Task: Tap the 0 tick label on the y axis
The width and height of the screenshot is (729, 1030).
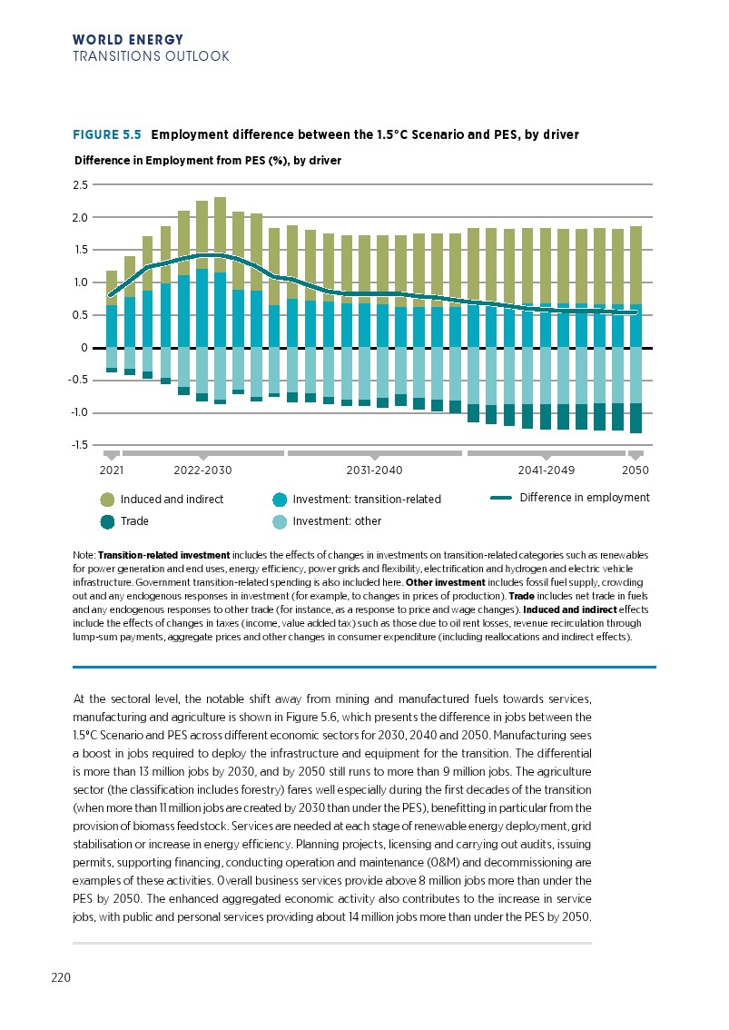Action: click(x=84, y=348)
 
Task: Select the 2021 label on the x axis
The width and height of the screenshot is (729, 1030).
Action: click(x=110, y=470)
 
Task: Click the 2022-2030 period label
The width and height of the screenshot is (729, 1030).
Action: click(x=202, y=470)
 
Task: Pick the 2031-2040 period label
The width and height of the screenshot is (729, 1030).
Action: click(x=375, y=470)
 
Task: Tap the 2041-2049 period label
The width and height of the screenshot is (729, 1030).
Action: click(x=546, y=470)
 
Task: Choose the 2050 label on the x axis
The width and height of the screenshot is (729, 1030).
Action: click(x=635, y=470)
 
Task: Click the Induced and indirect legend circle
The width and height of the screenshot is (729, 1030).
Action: click(x=108, y=500)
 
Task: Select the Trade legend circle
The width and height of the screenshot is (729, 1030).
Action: click(x=108, y=521)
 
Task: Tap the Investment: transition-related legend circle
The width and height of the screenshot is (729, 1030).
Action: click(x=280, y=500)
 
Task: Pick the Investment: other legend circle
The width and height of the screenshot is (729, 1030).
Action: click(x=280, y=521)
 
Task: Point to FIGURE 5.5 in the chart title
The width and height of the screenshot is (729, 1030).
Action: click(x=107, y=134)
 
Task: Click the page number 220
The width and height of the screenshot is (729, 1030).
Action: click(x=61, y=977)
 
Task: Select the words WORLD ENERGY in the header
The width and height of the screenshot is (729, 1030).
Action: click(x=128, y=40)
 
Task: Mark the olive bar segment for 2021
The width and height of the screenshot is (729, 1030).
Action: click(x=112, y=288)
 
